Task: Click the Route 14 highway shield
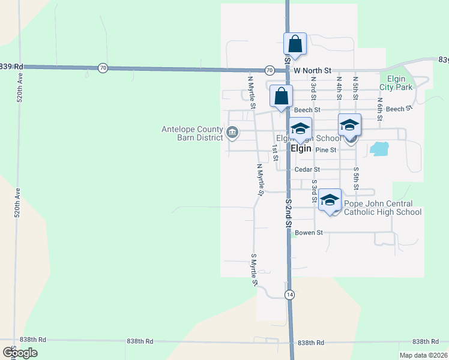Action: pyautogui.click(x=290, y=295)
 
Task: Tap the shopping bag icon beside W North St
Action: pyautogui.click(x=295, y=44)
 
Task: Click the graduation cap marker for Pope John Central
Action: pyautogui.click(x=330, y=200)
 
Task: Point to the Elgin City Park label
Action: pyautogui.click(x=396, y=83)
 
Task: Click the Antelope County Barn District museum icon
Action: pyautogui.click(x=232, y=131)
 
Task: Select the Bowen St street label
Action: pyautogui.click(x=309, y=232)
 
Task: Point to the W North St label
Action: pyautogui.click(x=312, y=70)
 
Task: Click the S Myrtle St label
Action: pyautogui.click(x=254, y=269)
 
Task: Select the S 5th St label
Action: pyautogui.click(x=356, y=178)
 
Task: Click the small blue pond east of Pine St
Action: pyautogui.click(x=379, y=148)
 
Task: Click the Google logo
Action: pyautogui.click(x=20, y=353)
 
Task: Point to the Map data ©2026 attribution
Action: pyautogui.click(x=423, y=355)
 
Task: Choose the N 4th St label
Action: pyautogui.click(x=339, y=88)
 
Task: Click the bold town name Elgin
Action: pyautogui.click(x=301, y=148)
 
